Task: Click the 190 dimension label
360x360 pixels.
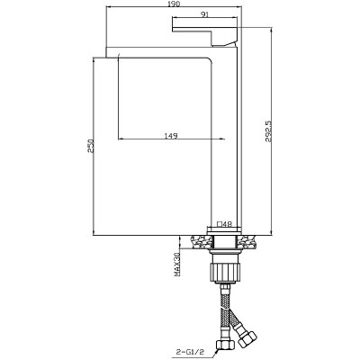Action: tap(175, 4)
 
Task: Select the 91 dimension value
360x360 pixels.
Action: tap(204, 13)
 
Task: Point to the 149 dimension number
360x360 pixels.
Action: tap(171, 136)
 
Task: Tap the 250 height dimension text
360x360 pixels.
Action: tap(91, 146)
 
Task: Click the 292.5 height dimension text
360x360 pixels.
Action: tap(268, 131)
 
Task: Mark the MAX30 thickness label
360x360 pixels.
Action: tap(176, 265)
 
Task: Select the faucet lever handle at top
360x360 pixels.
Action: tap(205, 29)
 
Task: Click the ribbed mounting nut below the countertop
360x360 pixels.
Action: tap(225, 272)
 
